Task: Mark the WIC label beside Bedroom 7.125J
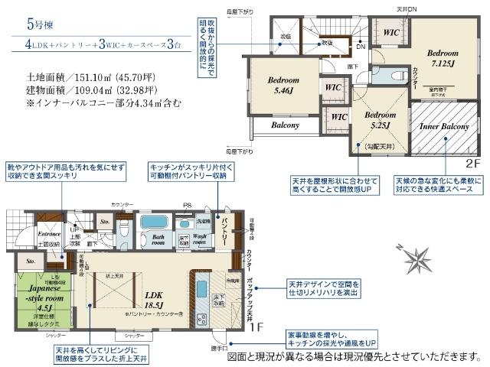[390, 33]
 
